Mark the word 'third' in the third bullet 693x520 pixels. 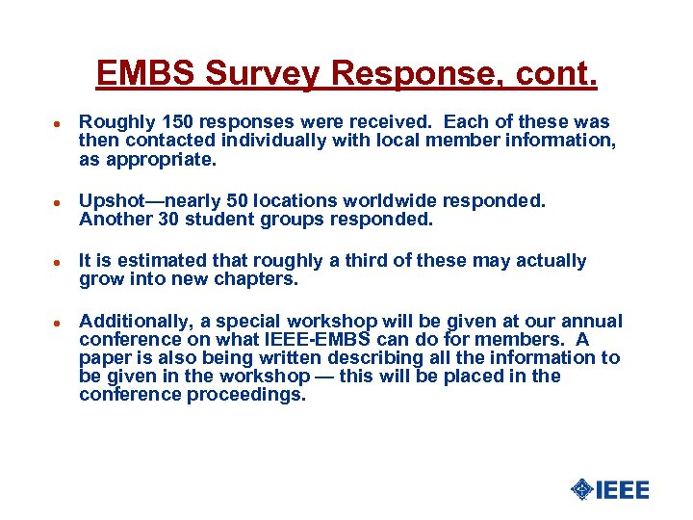tap(356, 261)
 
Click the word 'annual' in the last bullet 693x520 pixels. tap(591, 321)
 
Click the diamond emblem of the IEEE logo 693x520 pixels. tap(581, 489)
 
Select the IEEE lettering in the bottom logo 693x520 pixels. tap(622, 489)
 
